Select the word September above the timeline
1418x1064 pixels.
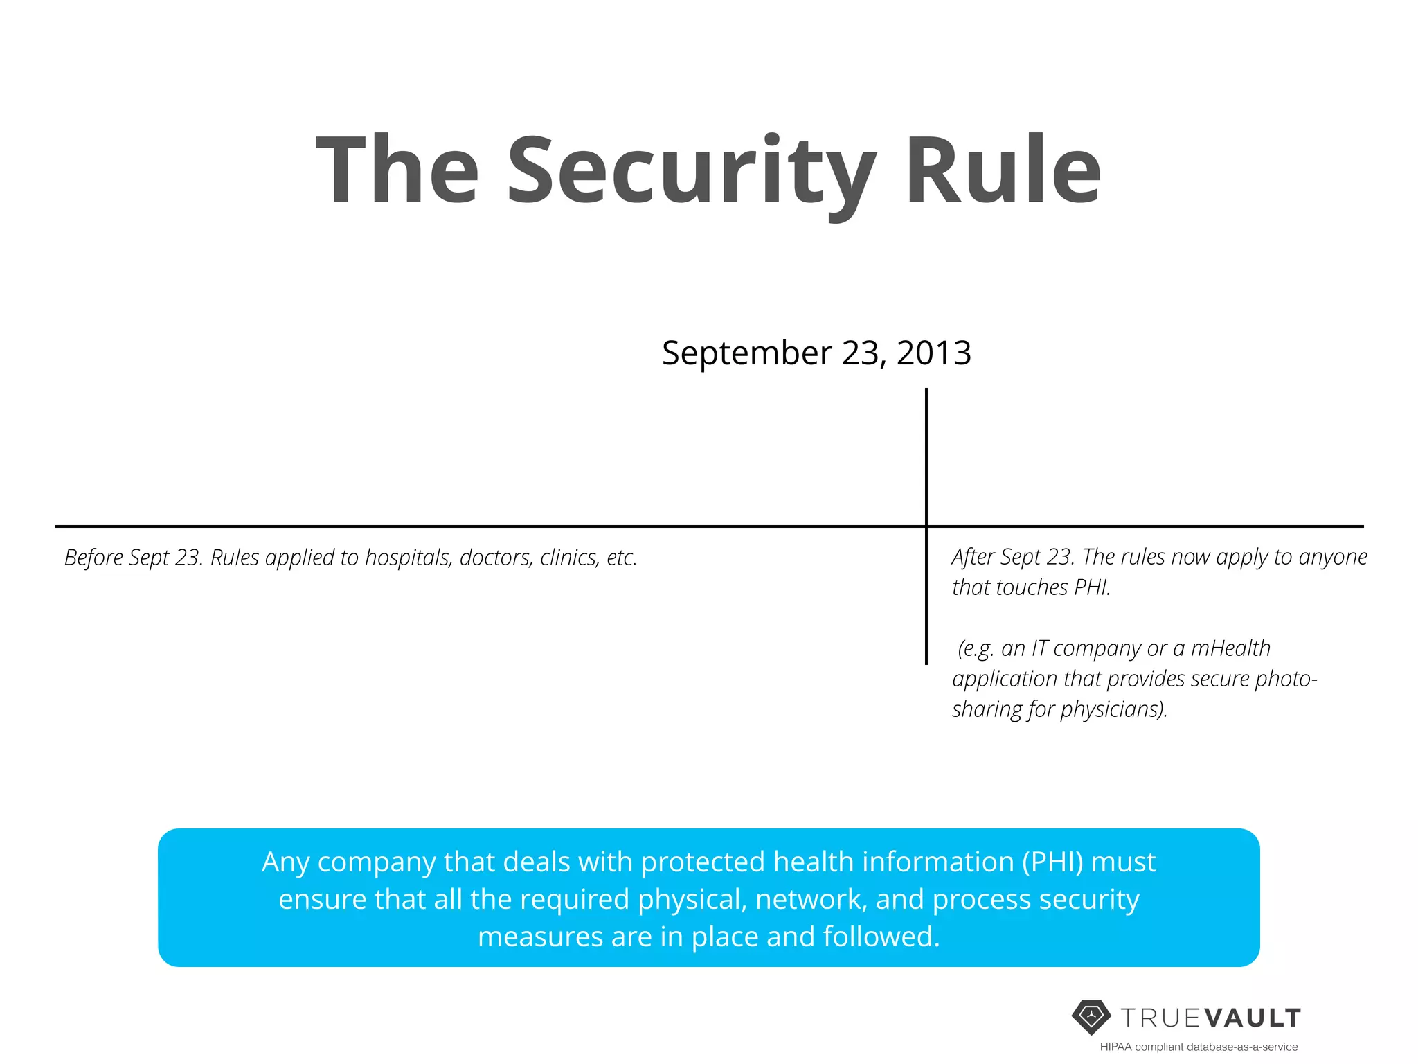[x=747, y=353]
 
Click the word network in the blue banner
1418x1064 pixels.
[x=811, y=899]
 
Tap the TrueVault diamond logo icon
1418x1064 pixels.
[x=1091, y=1017]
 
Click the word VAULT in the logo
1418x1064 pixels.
[x=1253, y=1018]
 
